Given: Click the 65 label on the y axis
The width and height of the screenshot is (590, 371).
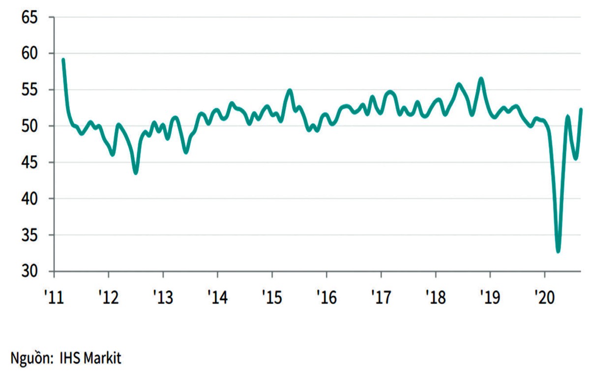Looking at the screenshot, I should (29, 17).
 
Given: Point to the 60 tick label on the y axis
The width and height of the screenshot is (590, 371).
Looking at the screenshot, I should (29, 54).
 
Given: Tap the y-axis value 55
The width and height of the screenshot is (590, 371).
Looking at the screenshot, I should (29, 90).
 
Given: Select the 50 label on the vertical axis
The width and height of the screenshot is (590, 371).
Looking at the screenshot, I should (29, 126).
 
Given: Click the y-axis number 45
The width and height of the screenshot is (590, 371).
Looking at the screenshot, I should (29, 163).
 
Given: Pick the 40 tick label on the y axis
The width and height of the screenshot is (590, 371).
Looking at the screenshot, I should (29, 199).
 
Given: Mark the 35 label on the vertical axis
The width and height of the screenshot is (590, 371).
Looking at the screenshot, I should (29, 235).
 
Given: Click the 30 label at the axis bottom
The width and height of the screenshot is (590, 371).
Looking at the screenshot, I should (29, 272).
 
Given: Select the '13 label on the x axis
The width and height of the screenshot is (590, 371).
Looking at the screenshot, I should (163, 297).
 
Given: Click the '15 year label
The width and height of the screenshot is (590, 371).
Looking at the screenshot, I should (272, 297).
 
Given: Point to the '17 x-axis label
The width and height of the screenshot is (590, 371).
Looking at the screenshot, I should (381, 297).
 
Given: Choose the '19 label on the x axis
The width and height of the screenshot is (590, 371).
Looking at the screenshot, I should (490, 297).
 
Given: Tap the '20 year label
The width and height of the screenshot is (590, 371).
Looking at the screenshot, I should (544, 297).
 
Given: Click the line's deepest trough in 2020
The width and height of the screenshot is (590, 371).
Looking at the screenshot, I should (559, 251).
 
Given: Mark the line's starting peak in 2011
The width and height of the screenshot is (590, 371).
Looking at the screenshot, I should (63, 60).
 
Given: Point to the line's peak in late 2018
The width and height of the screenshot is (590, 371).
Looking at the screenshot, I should (481, 79).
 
